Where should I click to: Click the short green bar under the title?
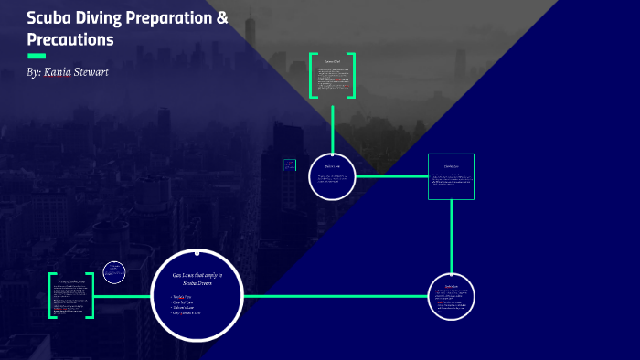pyautogui.click(x=37, y=56)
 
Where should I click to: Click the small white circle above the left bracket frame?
pyautogui.click(x=114, y=271)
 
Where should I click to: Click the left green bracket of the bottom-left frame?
pyautogui.click(x=51, y=295)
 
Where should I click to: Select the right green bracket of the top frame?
pyautogui.click(x=352, y=76)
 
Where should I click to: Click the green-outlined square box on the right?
pyautogui.click(x=452, y=175)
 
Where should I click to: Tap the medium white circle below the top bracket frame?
pyautogui.click(x=332, y=175)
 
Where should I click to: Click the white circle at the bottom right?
pyautogui.click(x=452, y=296)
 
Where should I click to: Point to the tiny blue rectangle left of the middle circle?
pyautogui.click(x=290, y=166)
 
